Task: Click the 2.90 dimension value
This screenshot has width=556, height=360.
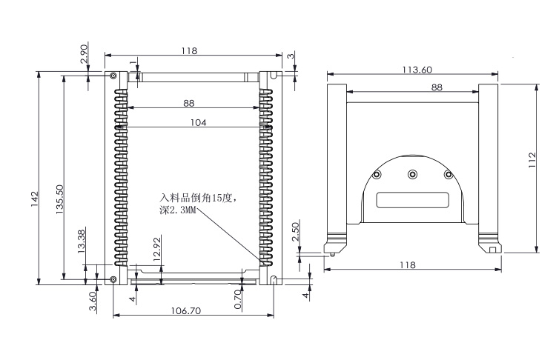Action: (x=85, y=56)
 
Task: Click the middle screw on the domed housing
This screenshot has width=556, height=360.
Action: (x=412, y=174)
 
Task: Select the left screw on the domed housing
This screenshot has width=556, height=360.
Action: (x=377, y=174)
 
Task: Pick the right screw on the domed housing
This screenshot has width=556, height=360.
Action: (x=447, y=174)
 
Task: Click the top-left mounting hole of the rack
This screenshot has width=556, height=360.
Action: (x=112, y=76)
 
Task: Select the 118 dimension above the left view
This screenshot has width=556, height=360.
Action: (x=189, y=50)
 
